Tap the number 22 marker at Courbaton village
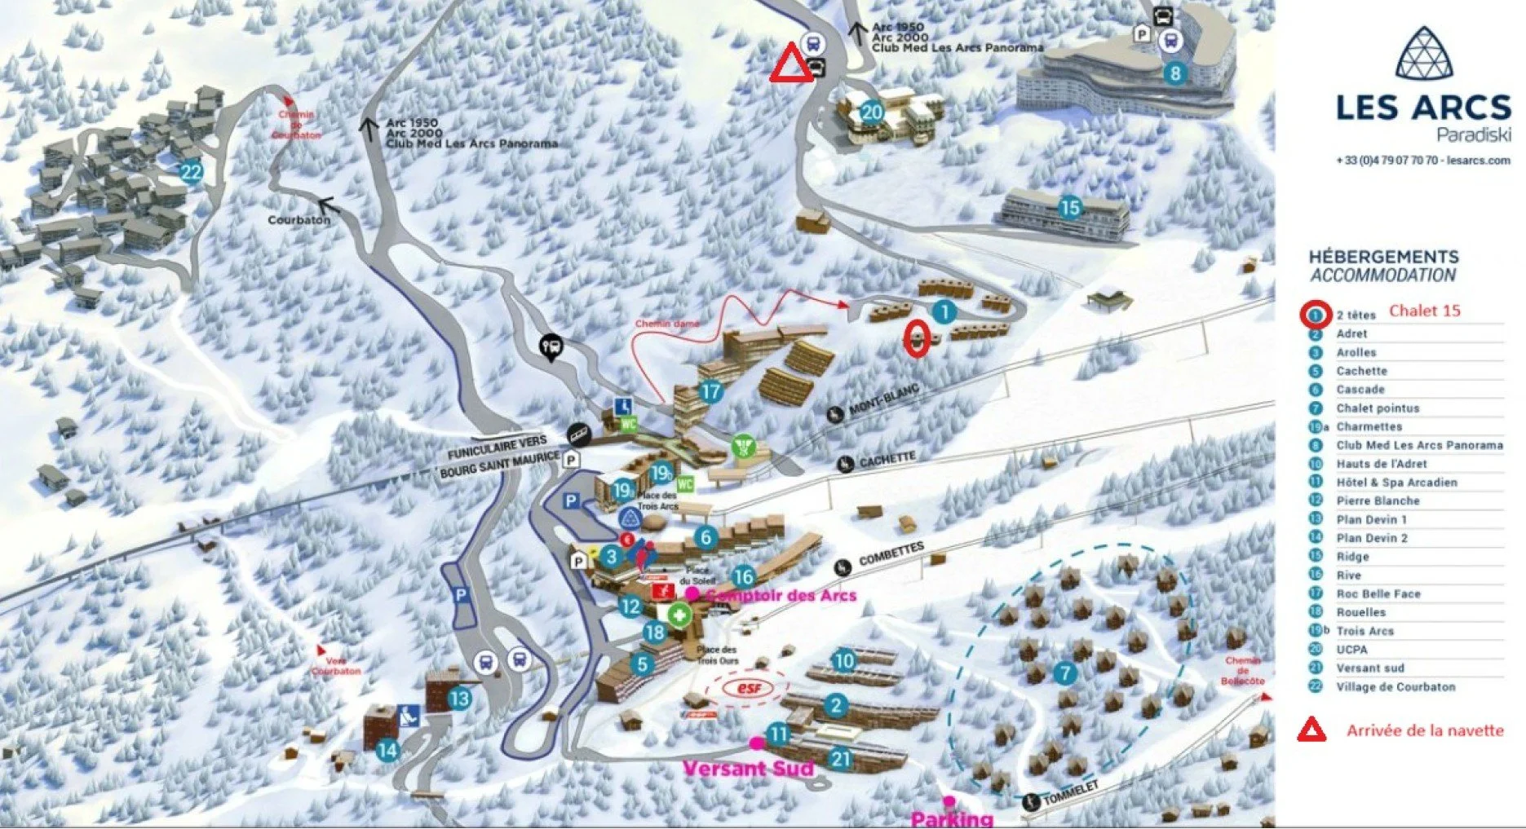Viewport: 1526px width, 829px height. pyautogui.click(x=191, y=172)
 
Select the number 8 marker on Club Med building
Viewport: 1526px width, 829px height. pyautogui.click(x=1174, y=73)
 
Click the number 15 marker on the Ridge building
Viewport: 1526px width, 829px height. pyautogui.click(x=1069, y=208)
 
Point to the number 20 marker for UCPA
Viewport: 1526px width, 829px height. pyautogui.click(x=872, y=112)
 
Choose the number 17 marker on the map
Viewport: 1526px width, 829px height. pyautogui.click(x=710, y=391)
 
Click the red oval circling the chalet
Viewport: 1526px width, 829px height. pyautogui.click(x=917, y=338)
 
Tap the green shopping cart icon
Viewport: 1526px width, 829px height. pyautogui.click(x=742, y=446)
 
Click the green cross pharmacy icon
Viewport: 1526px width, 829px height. pyautogui.click(x=679, y=615)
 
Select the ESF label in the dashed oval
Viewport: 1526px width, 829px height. pyautogui.click(x=748, y=688)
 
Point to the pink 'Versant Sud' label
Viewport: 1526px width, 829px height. pyautogui.click(x=748, y=768)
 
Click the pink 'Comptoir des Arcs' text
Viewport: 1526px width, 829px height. pyautogui.click(x=781, y=595)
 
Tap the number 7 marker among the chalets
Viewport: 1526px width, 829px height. pyautogui.click(x=1064, y=673)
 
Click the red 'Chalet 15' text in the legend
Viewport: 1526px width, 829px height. pyautogui.click(x=1424, y=311)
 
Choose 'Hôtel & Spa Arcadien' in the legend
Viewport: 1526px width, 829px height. pyautogui.click(x=1396, y=482)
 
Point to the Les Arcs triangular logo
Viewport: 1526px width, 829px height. pyautogui.click(x=1423, y=54)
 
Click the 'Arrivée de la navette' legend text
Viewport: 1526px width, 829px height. pyautogui.click(x=1424, y=730)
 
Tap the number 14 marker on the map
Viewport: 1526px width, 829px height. pyautogui.click(x=387, y=749)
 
